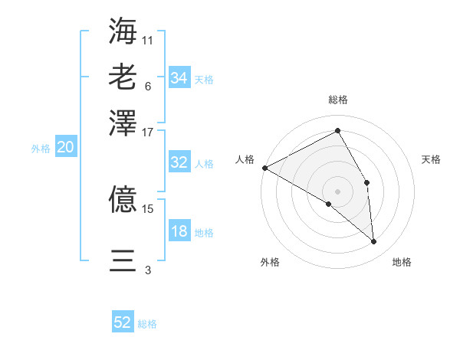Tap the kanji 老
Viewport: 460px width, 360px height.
(x=123, y=77)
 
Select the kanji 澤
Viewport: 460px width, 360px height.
(x=123, y=123)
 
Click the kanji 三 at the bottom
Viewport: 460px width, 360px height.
(x=123, y=260)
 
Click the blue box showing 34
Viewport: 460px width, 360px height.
(x=179, y=78)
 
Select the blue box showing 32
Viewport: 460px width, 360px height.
(x=179, y=162)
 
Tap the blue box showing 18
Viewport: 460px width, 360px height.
(x=179, y=232)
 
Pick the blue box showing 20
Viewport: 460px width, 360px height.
(x=65, y=148)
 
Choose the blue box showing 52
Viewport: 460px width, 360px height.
(x=123, y=322)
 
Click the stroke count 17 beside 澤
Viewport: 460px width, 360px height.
(x=148, y=132)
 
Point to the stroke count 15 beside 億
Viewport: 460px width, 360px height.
(x=148, y=208)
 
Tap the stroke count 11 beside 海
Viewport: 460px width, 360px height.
(x=148, y=39)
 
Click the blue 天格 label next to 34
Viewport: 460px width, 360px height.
(x=204, y=80)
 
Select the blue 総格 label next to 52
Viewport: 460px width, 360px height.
(x=147, y=324)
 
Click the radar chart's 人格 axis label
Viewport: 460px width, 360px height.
(x=245, y=159)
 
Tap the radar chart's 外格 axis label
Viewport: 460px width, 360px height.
(x=270, y=262)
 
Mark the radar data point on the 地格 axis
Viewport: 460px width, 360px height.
(x=373, y=241)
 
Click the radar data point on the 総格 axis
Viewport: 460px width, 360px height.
(x=337, y=131)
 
